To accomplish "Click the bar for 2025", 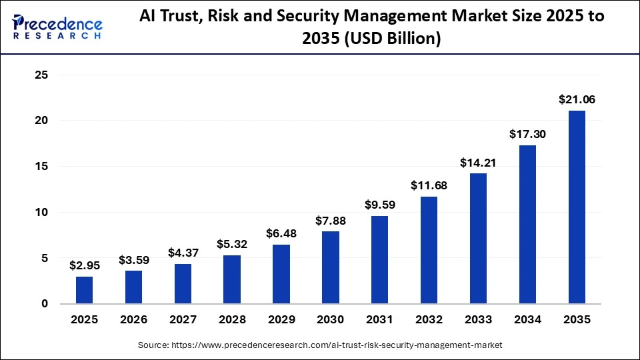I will [x=85, y=290].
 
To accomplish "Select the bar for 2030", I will [x=331, y=267].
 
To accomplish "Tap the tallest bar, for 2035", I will [x=577, y=207].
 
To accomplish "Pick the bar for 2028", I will [x=232, y=279].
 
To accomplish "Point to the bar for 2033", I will [x=478, y=238].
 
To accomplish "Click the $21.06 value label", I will [x=577, y=100].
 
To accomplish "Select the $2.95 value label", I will [x=85, y=265].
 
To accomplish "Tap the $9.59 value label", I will [x=380, y=205].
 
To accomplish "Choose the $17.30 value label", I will [x=527, y=134].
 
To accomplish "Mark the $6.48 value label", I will [x=281, y=233].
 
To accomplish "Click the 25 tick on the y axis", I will [x=41, y=75].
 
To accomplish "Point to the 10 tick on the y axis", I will [x=41, y=213].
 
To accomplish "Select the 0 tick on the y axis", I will [x=45, y=304].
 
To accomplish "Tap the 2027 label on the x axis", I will [x=183, y=320].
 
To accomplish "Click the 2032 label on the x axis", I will [x=429, y=320].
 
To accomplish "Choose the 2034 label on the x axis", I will [x=527, y=320].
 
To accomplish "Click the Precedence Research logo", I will [x=57, y=27].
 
